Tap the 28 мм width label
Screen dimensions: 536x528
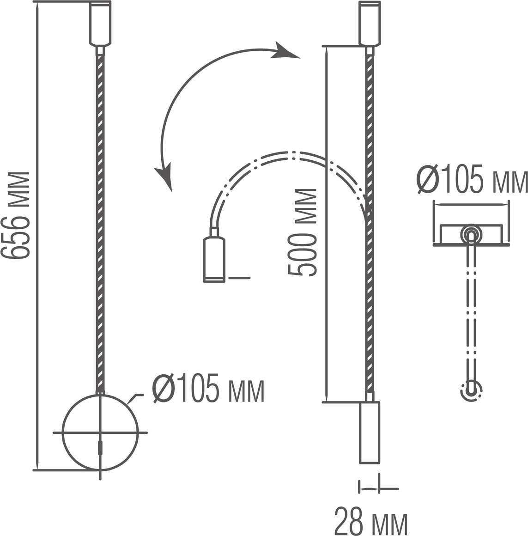pyautogui.click(x=371, y=521)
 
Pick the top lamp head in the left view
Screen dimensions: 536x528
pyautogui.click(x=100, y=23)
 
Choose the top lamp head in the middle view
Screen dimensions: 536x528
pyautogui.click(x=370, y=23)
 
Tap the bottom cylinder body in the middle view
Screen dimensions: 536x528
pyautogui.click(x=370, y=432)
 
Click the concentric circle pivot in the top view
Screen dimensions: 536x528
pyautogui.click(x=471, y=234)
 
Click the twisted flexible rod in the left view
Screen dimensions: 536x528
pyautogui.click(x=100, y=222)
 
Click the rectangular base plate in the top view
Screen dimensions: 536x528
pyautogui.click(x=490, y=234)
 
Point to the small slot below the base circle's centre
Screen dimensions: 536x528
pyautogui.click(x=101, y=449)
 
